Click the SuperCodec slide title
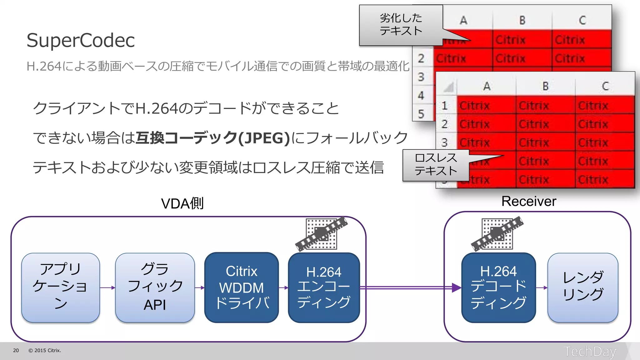click(x=81, y=40)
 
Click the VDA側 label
click(x=182, y=203)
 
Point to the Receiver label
click(x=529, y=201)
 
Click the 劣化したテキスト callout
click(x=401, y=25)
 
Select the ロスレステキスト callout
click(x=436, y=165)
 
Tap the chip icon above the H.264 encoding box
click(x=321, y=234)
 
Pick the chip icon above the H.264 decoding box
click(x=497, y=234)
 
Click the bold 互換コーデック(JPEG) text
click(x=213, y=138)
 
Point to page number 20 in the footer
click(x=16, y=351)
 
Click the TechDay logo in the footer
click(x=590, y=352)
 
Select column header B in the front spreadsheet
click(x=545, y=86)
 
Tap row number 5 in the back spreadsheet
click(x=421, y=114)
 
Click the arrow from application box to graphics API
click(x=107, y=287)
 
